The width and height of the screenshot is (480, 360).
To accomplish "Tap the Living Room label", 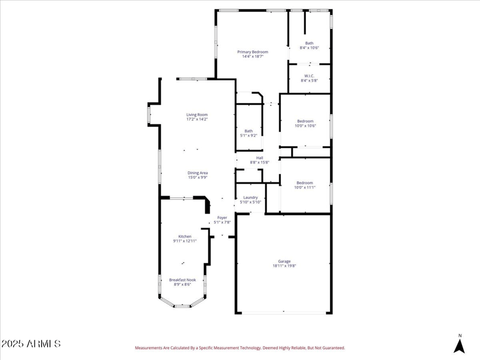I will tap(197, 114).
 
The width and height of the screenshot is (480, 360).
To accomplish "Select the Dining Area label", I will tap(197, 172).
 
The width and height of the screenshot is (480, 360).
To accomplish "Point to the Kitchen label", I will tap(184, 236).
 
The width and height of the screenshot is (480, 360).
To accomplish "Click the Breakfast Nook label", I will tap(182, 280).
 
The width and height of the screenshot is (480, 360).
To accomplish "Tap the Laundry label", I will tap(250, 197).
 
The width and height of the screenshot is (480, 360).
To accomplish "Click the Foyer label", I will tap(222, 217).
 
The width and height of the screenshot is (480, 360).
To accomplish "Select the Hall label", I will tap(259, 158).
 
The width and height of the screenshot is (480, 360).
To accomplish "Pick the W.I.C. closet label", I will tap(309, 76).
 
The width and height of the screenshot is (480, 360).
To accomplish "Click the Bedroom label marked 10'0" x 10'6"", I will tap(305, 121).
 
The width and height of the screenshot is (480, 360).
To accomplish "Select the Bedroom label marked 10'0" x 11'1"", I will tap(304, 182).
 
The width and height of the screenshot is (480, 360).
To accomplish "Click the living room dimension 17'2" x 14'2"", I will tap(197, 119).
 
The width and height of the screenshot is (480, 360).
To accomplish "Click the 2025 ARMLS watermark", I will tap(31, 344).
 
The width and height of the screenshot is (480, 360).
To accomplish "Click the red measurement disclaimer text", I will tap(240, 347).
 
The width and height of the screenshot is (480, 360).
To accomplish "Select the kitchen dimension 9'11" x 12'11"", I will tap(185, 241).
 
